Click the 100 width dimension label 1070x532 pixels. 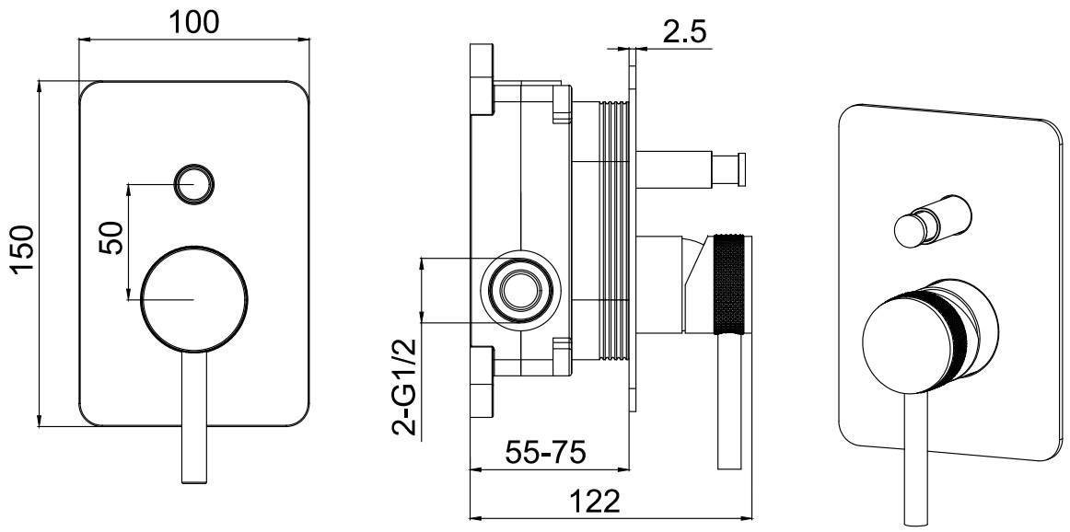[x=194, y=22]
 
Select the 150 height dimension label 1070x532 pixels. [x=22, y=251]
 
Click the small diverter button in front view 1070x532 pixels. [x=194, y=184]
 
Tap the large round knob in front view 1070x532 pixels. [x=194, y=300]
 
